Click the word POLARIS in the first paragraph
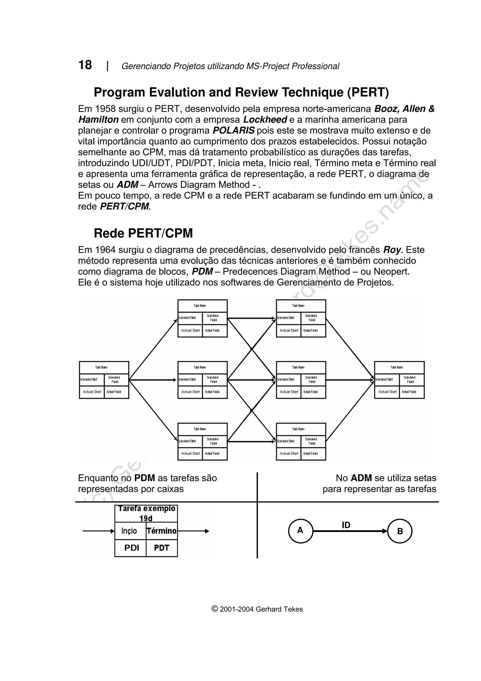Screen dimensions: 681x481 (233, 130)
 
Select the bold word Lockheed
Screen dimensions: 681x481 (265, 120)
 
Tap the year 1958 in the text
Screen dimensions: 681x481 (105, 109)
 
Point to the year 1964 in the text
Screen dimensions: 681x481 (105, 250)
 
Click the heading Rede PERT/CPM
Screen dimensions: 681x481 (143, 233)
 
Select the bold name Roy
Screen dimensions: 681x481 (392, 250)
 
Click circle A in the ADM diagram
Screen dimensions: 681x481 (300, 531)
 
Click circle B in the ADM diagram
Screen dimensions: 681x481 (400, 531)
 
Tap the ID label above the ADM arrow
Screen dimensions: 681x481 (346, 525)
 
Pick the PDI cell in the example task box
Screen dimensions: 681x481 (132, 548)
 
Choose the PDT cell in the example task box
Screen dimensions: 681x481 (162, 548)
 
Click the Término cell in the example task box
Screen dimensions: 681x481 (162, 531)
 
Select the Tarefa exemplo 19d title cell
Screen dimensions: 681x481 (146, 513)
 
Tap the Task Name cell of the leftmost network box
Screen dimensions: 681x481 (101, 367)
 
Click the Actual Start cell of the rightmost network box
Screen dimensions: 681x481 (387, 392)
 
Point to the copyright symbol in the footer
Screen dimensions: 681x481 (215, 609)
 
